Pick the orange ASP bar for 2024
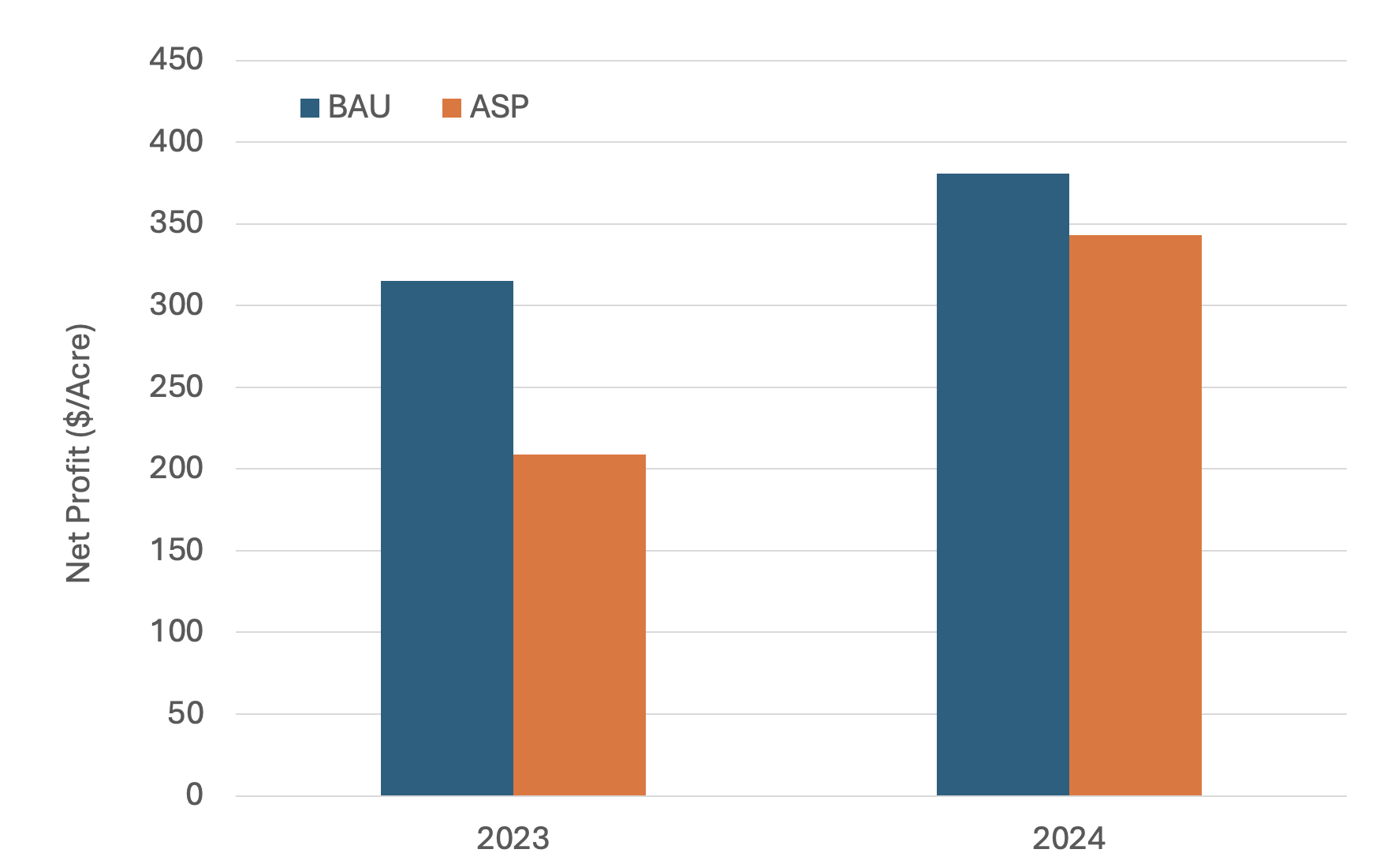pos(1135,515)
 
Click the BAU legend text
pos(359,107)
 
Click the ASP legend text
pos(498,107)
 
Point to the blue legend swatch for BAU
pos(310,107)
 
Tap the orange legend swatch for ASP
pos(452,107)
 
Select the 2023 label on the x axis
pos(513,838)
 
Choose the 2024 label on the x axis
pos(1068,838)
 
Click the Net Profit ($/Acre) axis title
pos(79,454)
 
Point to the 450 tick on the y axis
pos(176,59)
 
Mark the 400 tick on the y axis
pos(176,141)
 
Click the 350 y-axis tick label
pos(176,223)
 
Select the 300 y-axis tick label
pos(176,305)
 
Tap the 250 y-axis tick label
pos(176,387)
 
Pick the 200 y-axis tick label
pos(176,468)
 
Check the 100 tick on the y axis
pos(176,631)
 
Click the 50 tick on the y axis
pos(185,713)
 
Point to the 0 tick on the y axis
pos(194,795)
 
